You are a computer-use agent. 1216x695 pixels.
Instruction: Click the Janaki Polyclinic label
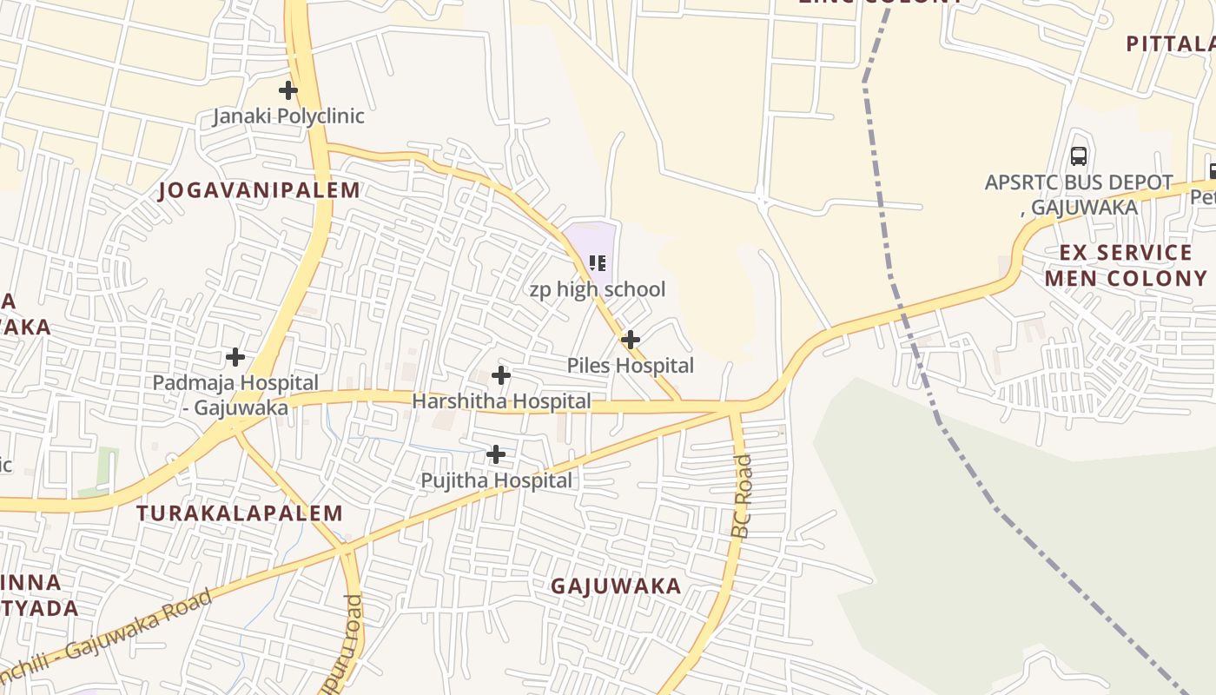288,116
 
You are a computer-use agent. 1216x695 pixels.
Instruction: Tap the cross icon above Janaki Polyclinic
288,89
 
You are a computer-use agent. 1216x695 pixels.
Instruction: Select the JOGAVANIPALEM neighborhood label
259,190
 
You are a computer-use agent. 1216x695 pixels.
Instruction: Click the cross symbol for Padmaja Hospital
235,356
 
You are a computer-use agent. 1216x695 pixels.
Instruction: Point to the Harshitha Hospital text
501,401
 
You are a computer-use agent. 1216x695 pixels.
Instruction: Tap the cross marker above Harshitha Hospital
501,375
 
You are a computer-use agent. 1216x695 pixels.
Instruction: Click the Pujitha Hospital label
496,480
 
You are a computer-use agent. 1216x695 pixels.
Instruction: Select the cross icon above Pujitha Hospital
496,454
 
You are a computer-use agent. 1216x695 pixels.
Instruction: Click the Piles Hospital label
630,366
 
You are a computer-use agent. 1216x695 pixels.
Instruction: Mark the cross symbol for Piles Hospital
631,339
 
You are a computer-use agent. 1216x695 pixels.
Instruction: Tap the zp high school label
598,289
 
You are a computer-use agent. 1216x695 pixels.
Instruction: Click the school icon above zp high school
598,262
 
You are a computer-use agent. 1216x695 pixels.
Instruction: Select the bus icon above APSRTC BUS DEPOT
1079,156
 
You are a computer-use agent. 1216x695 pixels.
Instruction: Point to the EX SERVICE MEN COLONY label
1126,266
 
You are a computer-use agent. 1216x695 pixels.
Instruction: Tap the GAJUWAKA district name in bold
616,586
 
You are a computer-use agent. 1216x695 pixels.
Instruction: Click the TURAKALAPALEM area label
240,513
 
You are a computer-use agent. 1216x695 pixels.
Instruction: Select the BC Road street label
742,497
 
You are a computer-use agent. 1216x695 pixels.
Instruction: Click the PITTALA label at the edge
1169,43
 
